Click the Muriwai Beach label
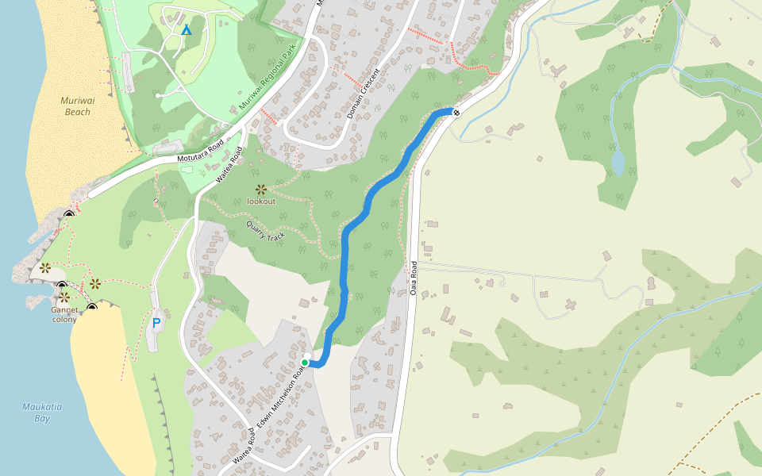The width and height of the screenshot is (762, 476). [x=75, y=106]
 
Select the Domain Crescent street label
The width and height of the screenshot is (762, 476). [x=364, y=94]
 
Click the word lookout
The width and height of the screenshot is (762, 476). [x=261, y=201]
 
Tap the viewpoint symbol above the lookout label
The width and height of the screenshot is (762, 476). [x=261, y=189]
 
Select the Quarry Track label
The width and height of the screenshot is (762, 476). [x=266, y=230]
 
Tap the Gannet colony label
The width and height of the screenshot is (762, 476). [x=63, y=314]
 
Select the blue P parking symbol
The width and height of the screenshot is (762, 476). [x=156, y=323]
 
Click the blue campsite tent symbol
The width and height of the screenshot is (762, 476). [x=187, y=30]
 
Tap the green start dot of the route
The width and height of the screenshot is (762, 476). [x=305, y=363]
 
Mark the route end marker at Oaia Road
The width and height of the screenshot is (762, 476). [x=456, y=112]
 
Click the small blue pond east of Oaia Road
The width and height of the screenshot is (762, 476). [x=618, y=163]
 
